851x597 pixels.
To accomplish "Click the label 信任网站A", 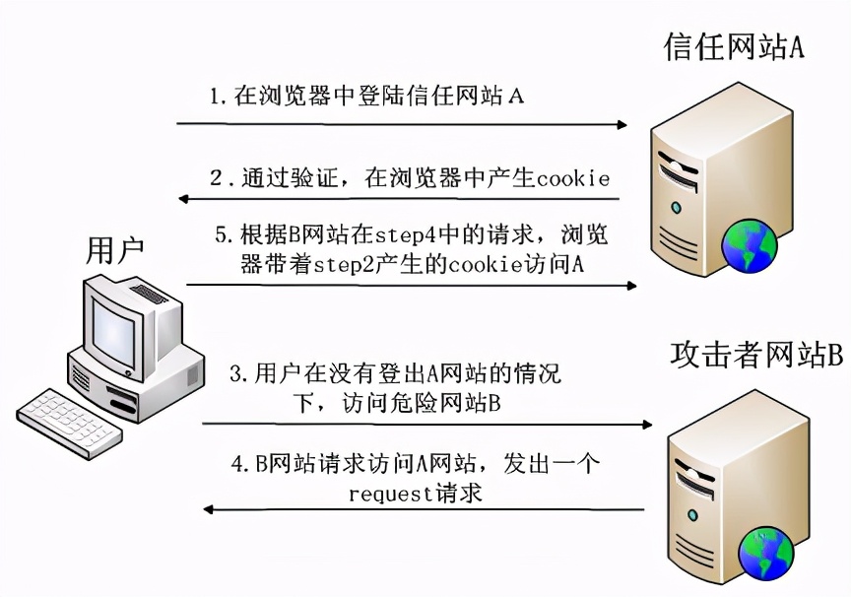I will click(734, 47).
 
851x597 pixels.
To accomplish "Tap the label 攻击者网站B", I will click(756, 356).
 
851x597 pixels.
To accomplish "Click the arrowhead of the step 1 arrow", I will click(622, 125).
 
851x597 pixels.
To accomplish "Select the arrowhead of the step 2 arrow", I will click(184, 199).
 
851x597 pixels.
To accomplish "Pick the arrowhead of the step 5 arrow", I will click(631, 286).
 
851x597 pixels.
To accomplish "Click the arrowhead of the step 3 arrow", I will click(646, 425).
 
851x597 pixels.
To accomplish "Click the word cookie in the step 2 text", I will click(573, 178).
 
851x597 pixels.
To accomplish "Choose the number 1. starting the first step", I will click(218, 97).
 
